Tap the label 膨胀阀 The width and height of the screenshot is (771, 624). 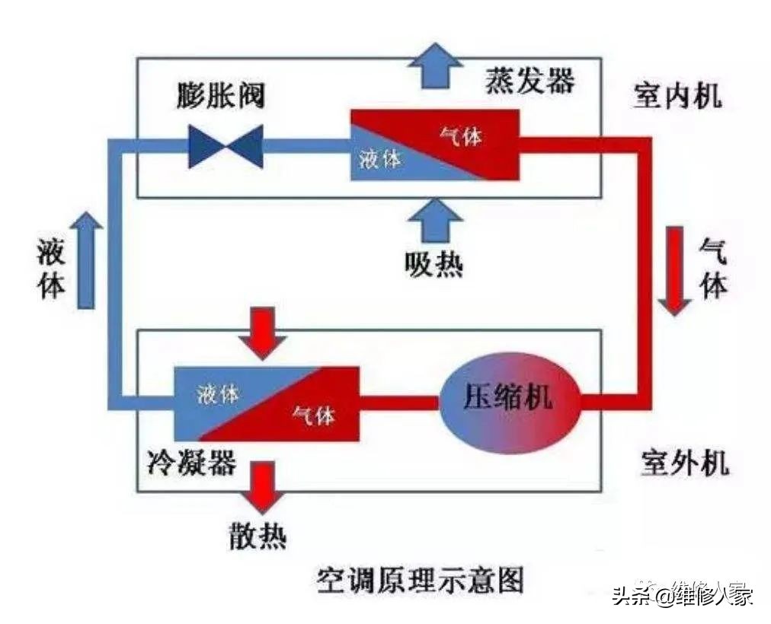221,97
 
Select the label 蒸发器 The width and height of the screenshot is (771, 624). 529,80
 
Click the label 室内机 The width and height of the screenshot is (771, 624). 677,97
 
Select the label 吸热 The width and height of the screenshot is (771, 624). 434,265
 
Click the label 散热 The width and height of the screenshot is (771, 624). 258,536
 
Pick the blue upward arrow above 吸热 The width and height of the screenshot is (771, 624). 434,221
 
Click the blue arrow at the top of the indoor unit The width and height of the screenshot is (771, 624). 434,65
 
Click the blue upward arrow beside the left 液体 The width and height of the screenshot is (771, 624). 86,259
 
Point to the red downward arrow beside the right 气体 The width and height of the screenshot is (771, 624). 674,271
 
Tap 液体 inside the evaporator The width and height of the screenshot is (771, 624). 379,160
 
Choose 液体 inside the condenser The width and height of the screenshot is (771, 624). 218,394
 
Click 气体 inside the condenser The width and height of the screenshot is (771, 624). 314,416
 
